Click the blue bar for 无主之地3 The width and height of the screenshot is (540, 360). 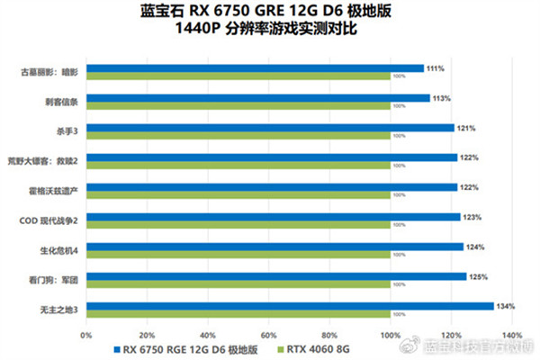(x=290, y=306)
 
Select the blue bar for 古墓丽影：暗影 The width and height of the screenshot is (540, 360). (x=255, y=67)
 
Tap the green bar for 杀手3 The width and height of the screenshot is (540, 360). (x=238, y=136)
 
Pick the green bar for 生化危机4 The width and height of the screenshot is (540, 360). (x=238, y=255)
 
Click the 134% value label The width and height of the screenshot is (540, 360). (x=505, y=306)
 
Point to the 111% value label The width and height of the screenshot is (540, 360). (x=435, y=67)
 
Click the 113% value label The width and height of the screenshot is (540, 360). (x=441, y=97)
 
